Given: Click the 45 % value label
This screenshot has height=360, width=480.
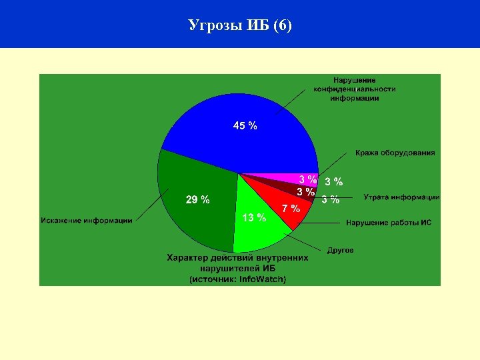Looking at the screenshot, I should [x=245, y=125].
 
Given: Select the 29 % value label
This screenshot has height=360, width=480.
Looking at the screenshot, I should [x=197, y=199].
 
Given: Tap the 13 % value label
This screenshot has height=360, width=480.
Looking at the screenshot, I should [x=254, y=217].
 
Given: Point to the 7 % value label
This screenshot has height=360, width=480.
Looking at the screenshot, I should [x=291, y=208].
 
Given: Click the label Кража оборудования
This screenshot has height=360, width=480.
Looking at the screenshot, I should [x=395, y=153].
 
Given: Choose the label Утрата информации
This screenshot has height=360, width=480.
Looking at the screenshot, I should [x=401, y=197].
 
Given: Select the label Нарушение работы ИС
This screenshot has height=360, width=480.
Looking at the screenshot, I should [x=388, y=223].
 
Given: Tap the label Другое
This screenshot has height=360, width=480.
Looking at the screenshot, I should [x=340, y=250].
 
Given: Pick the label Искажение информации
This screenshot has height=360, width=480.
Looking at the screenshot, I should [x=87, y=221].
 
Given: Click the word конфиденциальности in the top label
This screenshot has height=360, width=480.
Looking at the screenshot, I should [x=355, y=89].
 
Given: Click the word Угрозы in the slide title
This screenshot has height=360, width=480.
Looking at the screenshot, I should [x=211, y=26].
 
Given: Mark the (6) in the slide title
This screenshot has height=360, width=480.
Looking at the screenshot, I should [x=283, y=26].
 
